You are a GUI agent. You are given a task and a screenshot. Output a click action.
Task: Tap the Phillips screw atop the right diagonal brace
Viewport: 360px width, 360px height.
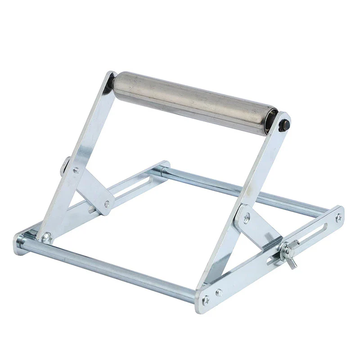(x=247, y=217)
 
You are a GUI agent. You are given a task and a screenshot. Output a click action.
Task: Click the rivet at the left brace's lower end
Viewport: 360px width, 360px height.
(x=107, y=204)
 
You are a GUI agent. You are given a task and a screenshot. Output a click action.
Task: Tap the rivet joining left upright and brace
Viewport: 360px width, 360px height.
(x=76, y=171)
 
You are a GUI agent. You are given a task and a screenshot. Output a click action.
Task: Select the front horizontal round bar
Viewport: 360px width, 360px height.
(x=108, y=270)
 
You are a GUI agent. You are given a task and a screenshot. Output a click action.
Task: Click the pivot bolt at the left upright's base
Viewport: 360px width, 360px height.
(x=46, y=236)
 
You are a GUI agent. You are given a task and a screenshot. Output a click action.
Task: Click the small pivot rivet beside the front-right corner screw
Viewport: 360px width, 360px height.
(x=219, y=293)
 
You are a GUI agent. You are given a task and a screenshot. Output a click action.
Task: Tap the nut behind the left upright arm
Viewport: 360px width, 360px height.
(x=65, y=165)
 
